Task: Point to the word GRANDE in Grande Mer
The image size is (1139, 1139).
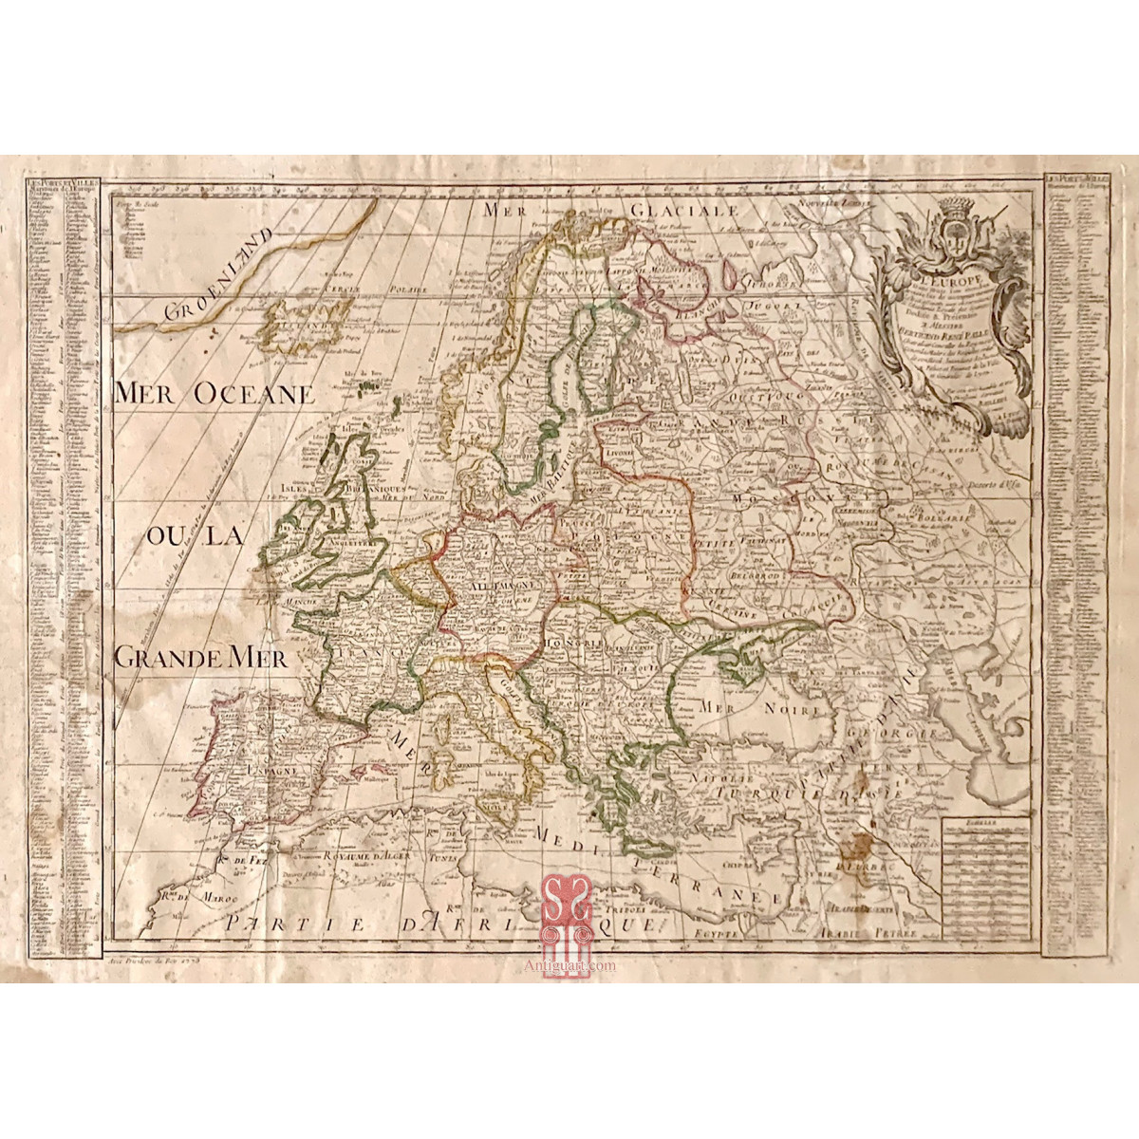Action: coord(166,657)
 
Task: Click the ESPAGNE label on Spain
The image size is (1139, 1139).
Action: coord(272,771)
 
